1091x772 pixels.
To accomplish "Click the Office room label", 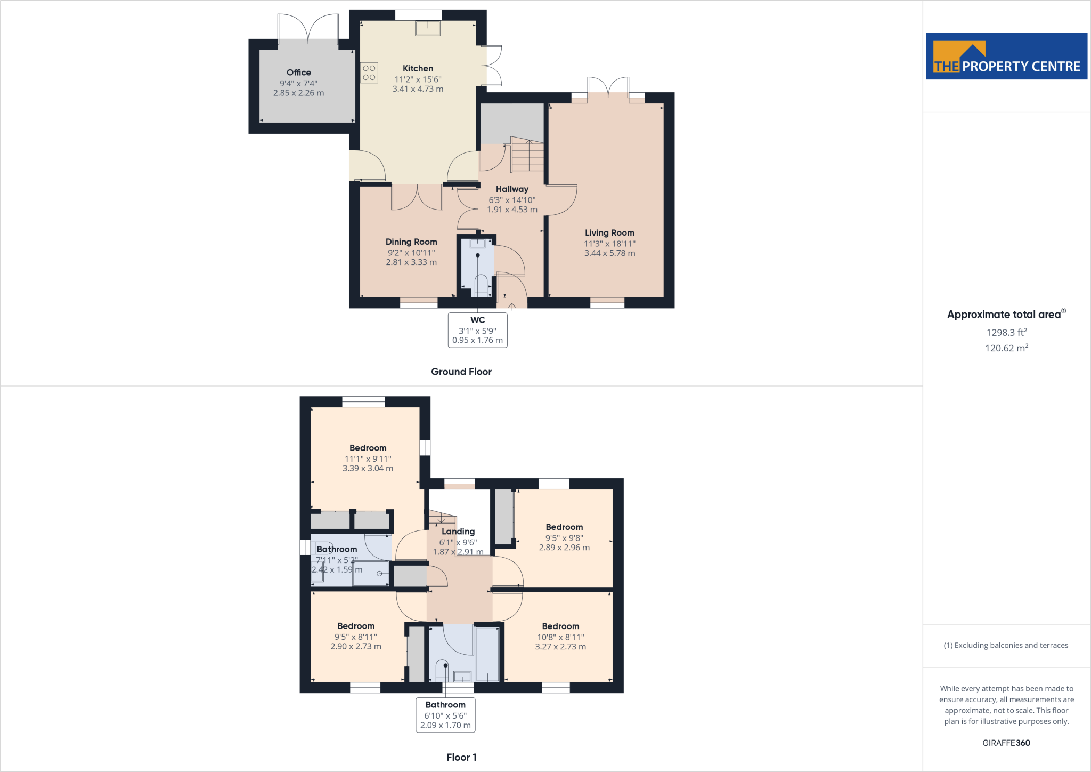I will tap(298, 73).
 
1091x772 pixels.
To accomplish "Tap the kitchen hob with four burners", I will tap(369, 73).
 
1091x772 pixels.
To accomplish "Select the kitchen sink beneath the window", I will tap(428, 28).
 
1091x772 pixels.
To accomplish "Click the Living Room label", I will tap(609, 233).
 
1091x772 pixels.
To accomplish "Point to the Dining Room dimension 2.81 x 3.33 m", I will tap(411, 262).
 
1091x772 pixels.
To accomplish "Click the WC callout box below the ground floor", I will tap(477, 330).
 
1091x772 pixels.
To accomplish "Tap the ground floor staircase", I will tap(527, 155).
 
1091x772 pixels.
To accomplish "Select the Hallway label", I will tap(512, 189).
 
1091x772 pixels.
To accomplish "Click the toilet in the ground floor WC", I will tap(481, 285).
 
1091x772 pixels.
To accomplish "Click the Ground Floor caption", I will tap(461, 372).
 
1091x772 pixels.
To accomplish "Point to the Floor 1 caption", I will tap(461, 757).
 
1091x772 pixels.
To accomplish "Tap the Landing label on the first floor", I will tap(458, 532).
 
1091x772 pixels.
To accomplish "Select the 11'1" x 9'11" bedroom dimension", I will tap(368, 459).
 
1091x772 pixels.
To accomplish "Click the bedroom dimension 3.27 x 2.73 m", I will tap(560, 647).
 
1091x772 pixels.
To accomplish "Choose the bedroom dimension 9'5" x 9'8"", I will tap(564, 538).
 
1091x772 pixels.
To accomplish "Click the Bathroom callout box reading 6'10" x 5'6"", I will tap(445, 715).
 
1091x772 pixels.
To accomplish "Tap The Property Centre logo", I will tap(1006, 57).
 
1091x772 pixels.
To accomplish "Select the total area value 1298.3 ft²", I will tap(1006, 332).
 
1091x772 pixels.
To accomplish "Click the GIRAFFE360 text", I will tap(1006, 743).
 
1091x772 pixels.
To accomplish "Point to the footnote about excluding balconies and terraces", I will tap(1006, 645).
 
